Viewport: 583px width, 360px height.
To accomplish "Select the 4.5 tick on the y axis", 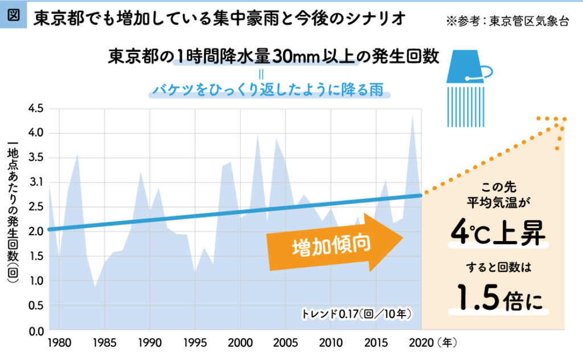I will (x=36, y=108).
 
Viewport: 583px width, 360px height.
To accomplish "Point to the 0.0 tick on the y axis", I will (x=36, y=330).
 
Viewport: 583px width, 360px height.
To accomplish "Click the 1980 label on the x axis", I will (x=59, y=343).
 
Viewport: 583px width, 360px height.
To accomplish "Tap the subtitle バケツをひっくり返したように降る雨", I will (x=267, y=90).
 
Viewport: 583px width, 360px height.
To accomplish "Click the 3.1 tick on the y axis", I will (x=36, y=182).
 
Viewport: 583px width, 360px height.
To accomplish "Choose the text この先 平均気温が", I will (x=498, y=194).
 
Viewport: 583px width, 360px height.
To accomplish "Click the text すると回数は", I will (x=498, y=266).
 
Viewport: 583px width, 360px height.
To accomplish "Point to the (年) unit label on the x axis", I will (x=447, y=343).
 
